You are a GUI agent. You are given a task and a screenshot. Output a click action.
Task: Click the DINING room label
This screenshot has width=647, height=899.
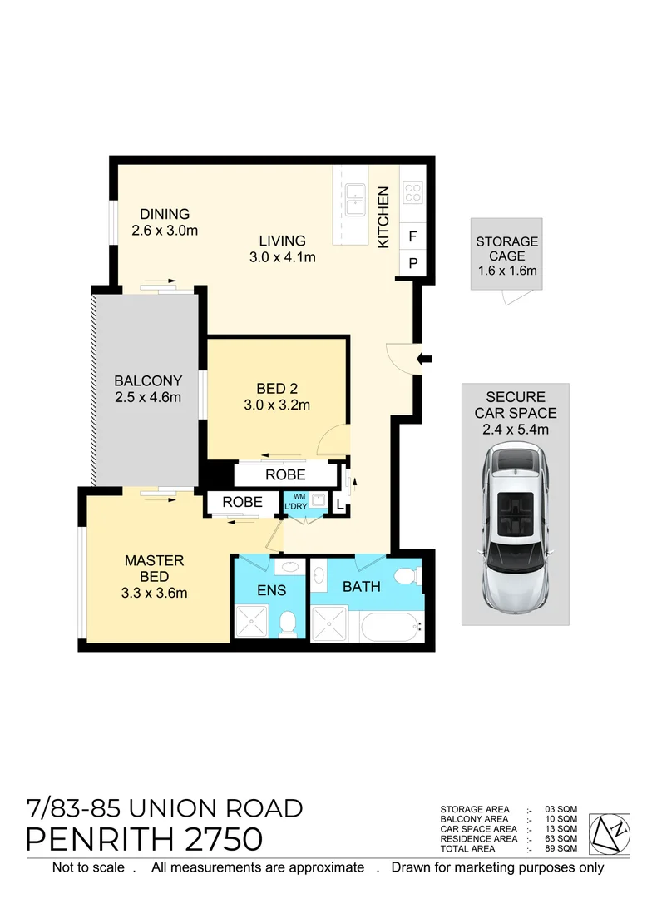point(165,214)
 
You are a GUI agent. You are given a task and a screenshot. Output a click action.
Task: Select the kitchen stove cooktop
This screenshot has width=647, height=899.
point(412,193)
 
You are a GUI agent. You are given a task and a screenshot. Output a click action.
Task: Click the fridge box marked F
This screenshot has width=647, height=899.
point(412,236)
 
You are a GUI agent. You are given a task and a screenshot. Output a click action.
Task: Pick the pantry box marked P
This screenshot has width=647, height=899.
point(412,264)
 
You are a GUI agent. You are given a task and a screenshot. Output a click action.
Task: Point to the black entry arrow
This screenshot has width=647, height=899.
point(424,359)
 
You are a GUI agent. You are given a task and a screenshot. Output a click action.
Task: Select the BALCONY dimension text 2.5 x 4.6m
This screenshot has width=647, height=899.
point(147,397)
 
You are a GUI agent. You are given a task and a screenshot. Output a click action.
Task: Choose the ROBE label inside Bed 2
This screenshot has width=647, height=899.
point(285,475)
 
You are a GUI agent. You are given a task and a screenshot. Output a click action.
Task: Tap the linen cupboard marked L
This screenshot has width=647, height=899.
point(339,504)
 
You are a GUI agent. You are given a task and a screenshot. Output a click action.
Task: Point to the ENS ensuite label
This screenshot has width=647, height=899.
point(271,590)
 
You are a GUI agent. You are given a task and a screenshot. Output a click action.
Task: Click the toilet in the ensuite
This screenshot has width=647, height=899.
point(287,622)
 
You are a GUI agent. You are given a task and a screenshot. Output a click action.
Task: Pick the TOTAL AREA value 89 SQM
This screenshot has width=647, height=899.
point(562,848)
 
